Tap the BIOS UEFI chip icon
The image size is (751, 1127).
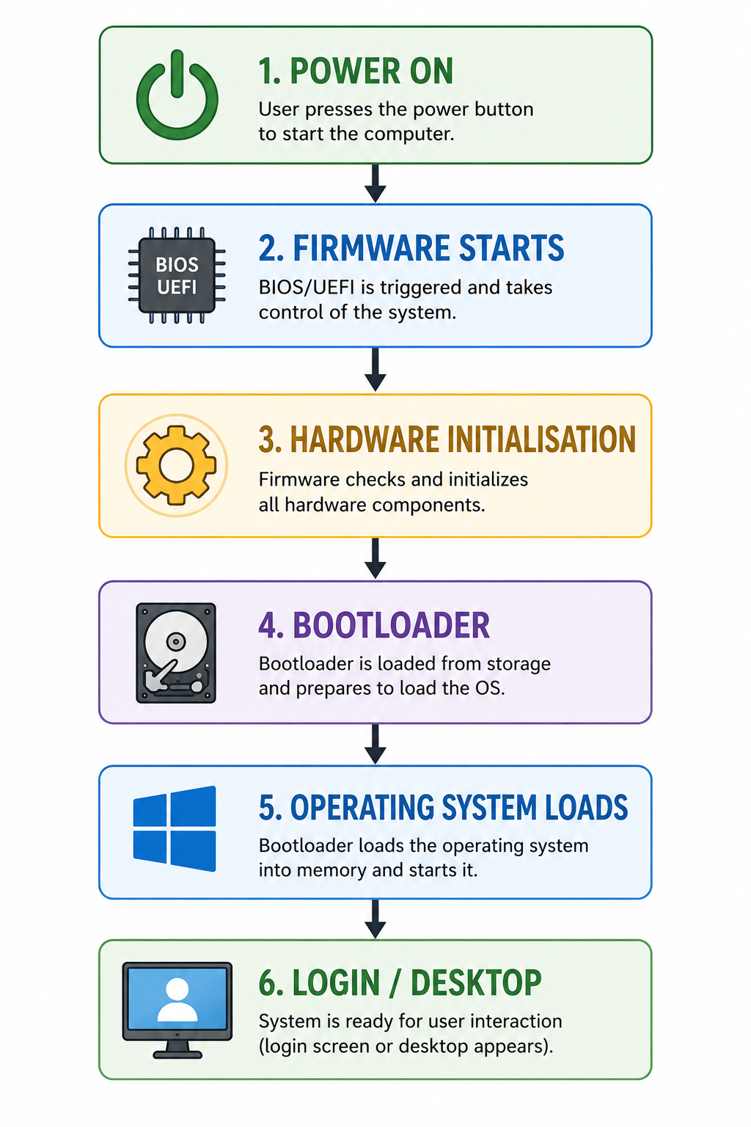[x=177, y=275]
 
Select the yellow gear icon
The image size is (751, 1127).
[x=176, y=465]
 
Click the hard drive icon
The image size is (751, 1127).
[x=176, y=653]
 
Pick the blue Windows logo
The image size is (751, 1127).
[x=175, y=828]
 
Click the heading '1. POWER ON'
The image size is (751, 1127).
[x=356, y=71]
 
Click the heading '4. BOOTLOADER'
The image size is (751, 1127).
[x=374, y=625]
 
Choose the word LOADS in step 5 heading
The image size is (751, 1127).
[x=587, y=808]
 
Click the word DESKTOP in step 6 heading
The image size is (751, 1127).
[x=476, y=982]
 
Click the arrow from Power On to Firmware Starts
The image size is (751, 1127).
[x=375, y=183]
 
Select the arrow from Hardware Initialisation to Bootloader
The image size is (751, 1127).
[x=375, y=558]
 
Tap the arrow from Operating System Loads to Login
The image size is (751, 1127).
[x=375, y=919]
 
